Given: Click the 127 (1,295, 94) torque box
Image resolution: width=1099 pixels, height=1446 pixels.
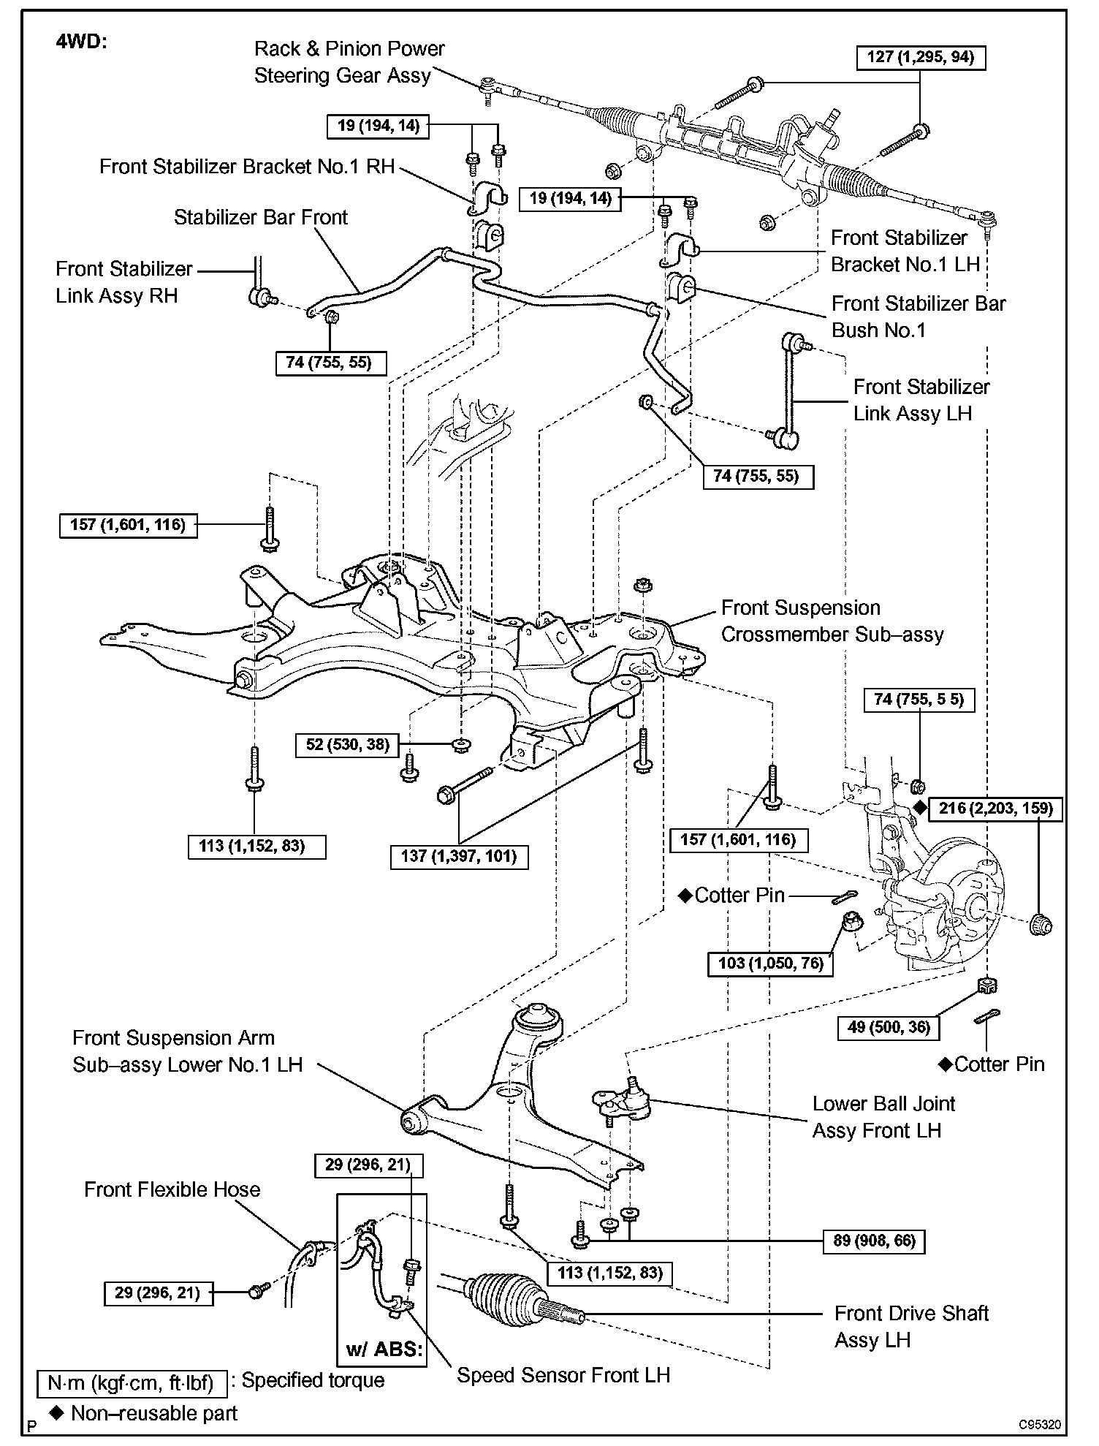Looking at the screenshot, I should (920, 58).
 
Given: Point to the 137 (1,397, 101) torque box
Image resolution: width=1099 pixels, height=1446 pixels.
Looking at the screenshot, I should (459, 855).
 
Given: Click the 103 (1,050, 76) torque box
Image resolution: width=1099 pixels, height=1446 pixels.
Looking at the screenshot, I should (771, 963).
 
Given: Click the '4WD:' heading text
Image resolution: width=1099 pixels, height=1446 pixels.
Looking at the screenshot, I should (81, 42).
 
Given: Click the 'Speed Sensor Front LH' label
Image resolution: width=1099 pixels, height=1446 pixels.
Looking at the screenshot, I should (563, 1375).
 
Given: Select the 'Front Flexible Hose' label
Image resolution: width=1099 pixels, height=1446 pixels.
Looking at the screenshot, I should (172, 1189).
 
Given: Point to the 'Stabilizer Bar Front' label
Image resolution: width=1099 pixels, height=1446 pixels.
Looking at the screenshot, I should (261, 217).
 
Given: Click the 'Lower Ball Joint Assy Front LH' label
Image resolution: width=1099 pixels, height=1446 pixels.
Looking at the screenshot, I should (883, 1116).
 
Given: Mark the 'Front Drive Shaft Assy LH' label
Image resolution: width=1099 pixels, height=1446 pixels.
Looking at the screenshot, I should (911, 1326).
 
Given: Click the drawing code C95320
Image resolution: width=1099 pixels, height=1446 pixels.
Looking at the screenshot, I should (1041, 1425).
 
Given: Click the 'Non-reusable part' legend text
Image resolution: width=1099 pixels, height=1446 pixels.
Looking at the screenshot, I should (153, 1413).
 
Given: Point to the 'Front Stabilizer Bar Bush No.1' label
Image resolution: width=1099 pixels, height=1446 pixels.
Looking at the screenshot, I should (919, 317).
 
